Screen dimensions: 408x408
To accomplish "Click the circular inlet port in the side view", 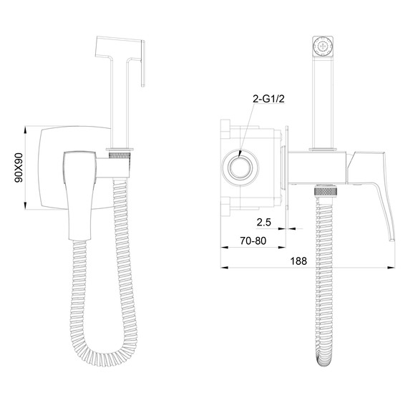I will click(241, 171).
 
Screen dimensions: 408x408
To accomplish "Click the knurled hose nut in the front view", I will click(119, 152).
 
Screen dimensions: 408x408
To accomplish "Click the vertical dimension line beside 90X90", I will click(26, 169).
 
